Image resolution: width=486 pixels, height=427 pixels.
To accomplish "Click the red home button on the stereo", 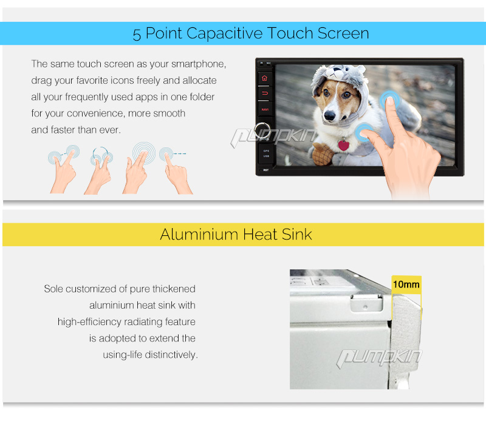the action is (x=264, y=78).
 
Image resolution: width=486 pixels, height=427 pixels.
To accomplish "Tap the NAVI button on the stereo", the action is (x=265, y=110).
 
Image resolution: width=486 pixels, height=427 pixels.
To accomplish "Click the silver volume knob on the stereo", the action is (x=262, y=130).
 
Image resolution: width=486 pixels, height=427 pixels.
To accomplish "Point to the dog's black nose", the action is (x=329, y=116).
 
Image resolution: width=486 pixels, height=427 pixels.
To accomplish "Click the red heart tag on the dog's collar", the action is (x=343, y=146).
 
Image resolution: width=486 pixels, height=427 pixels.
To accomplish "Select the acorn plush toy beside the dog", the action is (x=323, y=154).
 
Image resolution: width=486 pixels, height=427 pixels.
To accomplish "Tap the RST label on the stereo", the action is (x=266, y=170).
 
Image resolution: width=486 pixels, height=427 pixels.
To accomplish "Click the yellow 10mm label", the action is (x=406, y=284).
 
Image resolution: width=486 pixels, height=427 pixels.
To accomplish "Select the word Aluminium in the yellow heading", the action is (x=199, y=234).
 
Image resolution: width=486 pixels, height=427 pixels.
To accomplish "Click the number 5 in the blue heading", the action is (x=137, y=35).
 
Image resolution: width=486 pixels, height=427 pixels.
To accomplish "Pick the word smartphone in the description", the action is (x=199, y=64).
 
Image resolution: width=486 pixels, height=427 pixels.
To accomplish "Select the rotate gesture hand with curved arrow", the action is (x=99, y=171).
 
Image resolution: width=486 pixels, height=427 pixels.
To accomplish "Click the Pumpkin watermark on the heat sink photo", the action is (x=378, y=358).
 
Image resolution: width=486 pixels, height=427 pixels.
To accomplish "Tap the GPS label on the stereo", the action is (x=266, y=150).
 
